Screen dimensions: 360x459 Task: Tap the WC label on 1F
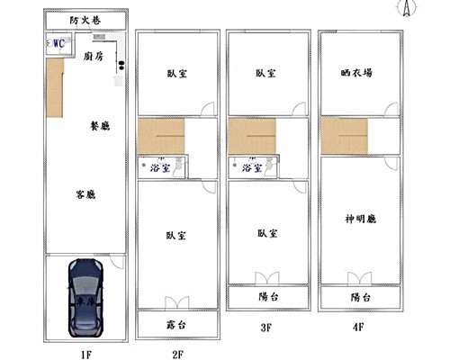58,43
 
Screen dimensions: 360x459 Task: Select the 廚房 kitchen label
94,56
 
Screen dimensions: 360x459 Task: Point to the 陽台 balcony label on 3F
266,297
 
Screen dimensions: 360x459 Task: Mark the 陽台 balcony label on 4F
359,297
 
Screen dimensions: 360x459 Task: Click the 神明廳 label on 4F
359,219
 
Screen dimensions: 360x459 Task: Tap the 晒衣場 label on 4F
357,74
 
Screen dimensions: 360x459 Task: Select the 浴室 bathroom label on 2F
162,167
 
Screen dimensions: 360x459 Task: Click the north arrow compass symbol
407,8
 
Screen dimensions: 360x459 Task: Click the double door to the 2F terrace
177,303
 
